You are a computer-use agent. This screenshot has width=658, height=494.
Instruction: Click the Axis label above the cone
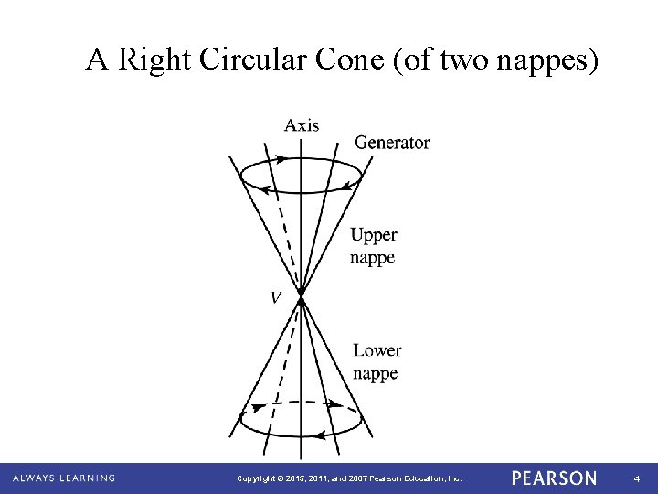[302, 125]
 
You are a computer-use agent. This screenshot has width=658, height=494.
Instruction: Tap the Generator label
[391, 143]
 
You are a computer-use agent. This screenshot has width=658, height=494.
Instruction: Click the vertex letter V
[274, 296]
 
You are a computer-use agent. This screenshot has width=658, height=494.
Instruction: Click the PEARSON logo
[554, 478]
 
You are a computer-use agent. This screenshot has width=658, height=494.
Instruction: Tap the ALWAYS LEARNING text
[64, 478]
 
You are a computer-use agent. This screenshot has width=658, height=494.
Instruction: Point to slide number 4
[637, 478]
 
